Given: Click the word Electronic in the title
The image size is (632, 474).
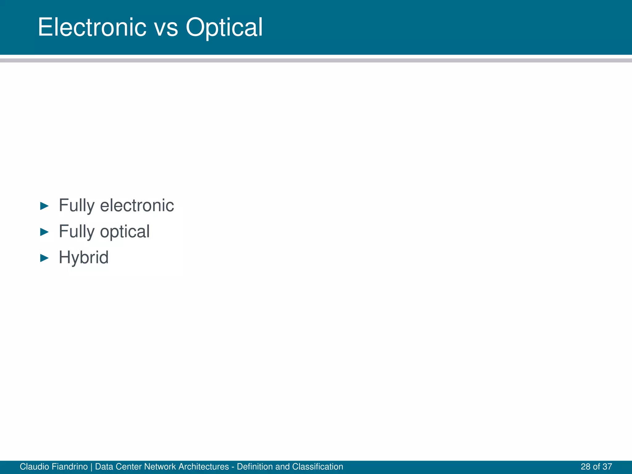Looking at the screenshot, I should pyautogui.click(x=92, y=27).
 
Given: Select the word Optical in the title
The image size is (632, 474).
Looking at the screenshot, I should pyautogui.click(x=224, y=28).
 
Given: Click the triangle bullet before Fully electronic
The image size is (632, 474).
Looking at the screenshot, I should pyautogui.click(x=44, y=206).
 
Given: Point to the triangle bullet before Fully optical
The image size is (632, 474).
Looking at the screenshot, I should pyautogui.click(x=44, y=232).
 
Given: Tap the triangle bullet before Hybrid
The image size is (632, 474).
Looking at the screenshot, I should pyautogui.click(x=44, y=258).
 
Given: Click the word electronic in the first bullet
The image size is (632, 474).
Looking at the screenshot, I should pyautogui.click(x=137, y=206).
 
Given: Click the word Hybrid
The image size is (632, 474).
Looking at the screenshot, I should pyautogui.click(x=84, y=257).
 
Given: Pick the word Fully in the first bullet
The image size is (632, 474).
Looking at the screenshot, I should pyautogui.click(x=77, y=206).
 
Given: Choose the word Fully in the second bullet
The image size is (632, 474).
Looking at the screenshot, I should pyautogui.click(x=77, y=232).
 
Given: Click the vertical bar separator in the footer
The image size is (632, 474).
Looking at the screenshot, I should pyautogui.click(x=92, y=467).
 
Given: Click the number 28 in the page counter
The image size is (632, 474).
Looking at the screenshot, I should pyautogui.click(x=586, y=467).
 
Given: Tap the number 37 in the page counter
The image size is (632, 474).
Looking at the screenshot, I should pyautogui.click(x=607, y=467).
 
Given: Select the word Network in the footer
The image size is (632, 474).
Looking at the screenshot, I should pyautogui.click(x=160, y=467).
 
